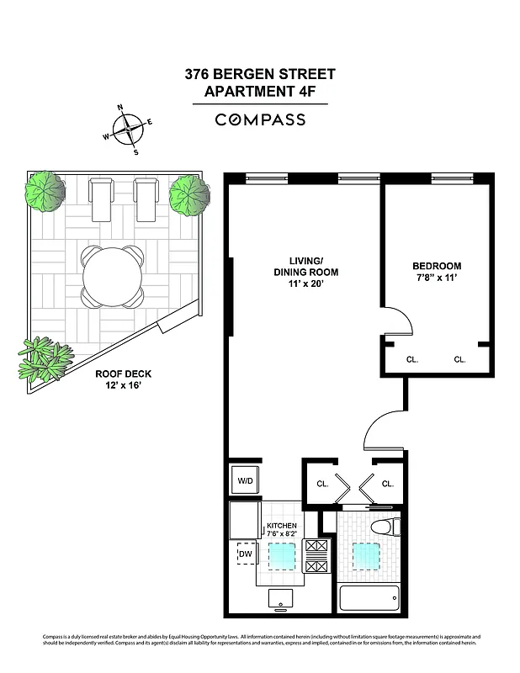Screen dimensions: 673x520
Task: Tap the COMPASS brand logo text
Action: click(x=259, y=119)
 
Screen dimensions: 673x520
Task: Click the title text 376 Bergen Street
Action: click(x=259, y=74)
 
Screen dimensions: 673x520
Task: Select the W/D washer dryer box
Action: click(x=245, y=481)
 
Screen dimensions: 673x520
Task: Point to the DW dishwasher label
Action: click(x=246, y=554)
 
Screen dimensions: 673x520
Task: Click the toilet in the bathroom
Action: click(x=386, y=528)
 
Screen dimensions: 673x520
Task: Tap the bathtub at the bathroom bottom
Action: click(x=370, y=600)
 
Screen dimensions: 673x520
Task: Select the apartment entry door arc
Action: click(x=384, y=433)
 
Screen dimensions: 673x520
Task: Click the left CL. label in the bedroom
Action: click(x=412, y=359)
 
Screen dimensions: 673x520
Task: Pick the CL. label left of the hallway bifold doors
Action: click(x=322, y=484)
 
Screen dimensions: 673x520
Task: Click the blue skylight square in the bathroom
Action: click(x=366, y=555)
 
